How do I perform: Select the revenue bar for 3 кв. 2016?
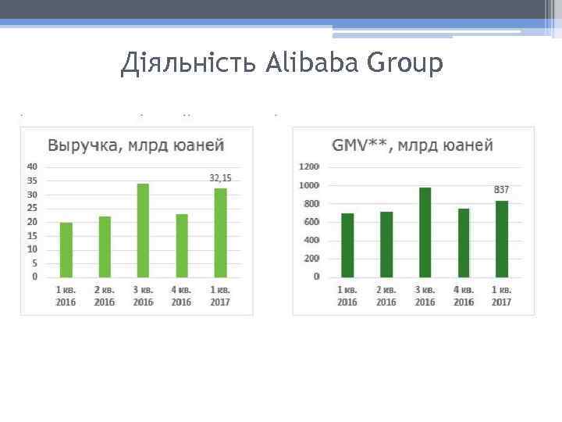(x=143, y=231)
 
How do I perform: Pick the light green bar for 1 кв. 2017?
(x=220, y=233)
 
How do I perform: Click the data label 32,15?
(x=220, y=178)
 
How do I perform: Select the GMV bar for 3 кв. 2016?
(x=425, y=232)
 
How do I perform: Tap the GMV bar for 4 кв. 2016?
(x=464, y=243)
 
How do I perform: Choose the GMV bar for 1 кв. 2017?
(x=502, y=239)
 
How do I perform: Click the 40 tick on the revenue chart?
(x=32, y=166)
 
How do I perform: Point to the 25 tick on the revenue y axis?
(x=32, y=208)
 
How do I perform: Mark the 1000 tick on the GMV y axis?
(x=309, y=185)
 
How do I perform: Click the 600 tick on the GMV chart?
(x=311, y=222)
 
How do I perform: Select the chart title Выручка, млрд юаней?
(x=137, y=145)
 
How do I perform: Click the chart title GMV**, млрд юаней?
(x=412, y=145)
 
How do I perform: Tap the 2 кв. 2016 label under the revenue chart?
(x=105, y=295)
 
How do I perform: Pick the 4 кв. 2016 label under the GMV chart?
(x=464, y=295)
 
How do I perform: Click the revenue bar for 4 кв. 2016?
(x=182, y=245)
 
